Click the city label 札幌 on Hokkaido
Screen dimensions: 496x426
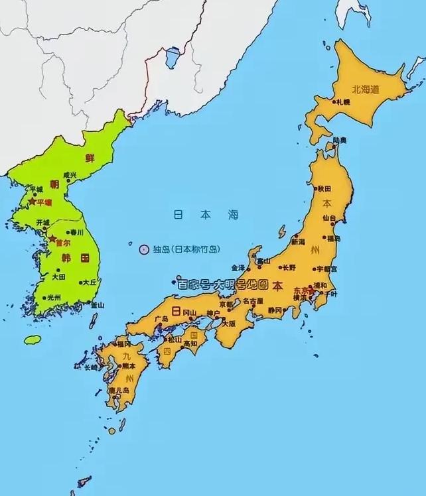[343, 102]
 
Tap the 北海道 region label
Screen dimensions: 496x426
[364, 87]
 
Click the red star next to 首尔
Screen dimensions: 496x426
[52, 238]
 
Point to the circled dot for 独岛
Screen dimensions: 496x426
[144, 249]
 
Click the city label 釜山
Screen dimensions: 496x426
[97, 304]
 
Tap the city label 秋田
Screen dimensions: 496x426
[324, 188]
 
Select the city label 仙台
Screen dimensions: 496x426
[329, 217]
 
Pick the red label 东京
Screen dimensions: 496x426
[299, 290]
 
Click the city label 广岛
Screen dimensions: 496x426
[161, 319]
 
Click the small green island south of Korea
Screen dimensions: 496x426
[33, 340]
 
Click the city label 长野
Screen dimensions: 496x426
[289, 268]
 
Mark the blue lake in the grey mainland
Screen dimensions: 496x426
[173, 57]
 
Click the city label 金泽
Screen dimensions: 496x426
[238, 268]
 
